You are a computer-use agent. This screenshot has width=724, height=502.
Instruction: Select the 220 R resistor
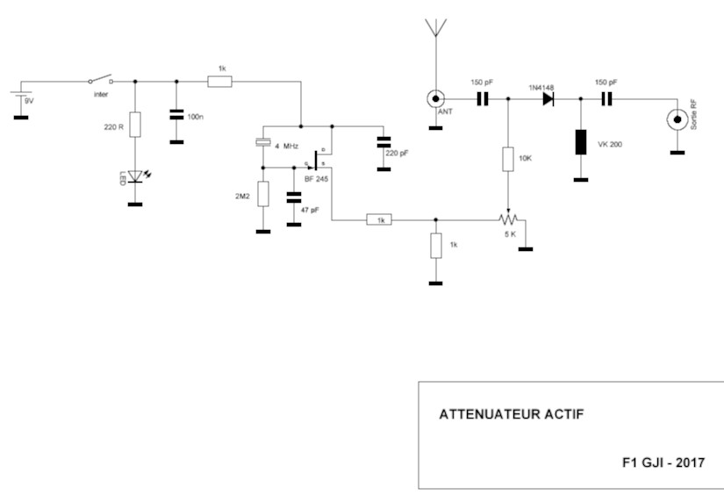pos(134,124)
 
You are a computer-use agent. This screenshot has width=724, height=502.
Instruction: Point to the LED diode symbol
pos(134,176)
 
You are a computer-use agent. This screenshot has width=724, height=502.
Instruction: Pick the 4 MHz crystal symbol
pos(262,143)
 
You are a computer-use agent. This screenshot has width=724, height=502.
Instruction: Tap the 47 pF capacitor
pos(294,199)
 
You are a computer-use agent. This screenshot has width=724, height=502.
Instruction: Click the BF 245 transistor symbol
pos(318,163)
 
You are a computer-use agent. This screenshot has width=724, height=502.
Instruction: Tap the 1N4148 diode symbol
pos(548,98)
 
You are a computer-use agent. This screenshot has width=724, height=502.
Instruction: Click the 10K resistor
pos(507,159)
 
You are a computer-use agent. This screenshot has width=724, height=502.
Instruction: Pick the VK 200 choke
pos(580,141)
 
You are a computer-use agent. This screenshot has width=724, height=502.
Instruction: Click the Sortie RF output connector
pos(677,119)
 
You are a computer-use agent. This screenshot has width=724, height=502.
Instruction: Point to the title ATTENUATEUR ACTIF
pos(498,414)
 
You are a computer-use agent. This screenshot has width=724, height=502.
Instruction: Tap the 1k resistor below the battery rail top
pos(219,82)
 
